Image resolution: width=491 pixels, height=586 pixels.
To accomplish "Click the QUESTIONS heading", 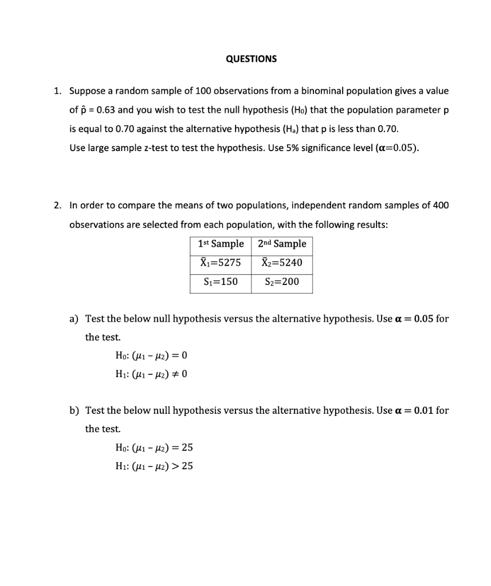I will coord(251,59).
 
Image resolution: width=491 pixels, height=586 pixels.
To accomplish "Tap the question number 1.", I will coord(57,91).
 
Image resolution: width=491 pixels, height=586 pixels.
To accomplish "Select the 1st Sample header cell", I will coord(221,244).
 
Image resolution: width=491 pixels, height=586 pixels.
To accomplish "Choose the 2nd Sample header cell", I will coord(282,244).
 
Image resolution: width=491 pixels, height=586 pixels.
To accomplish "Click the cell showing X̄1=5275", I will coord(221,263).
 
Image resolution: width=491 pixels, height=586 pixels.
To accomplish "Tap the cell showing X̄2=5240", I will coord(282,263).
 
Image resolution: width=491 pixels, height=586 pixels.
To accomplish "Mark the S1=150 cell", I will coord(221,282).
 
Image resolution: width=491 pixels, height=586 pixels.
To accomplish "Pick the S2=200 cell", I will coord(282,282).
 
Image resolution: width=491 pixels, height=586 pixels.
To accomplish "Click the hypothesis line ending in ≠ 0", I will coord(151,375).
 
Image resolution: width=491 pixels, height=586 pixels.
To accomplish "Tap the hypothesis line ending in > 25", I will coord(154,466).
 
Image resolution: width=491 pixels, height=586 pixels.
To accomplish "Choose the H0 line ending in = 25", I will coord(154,448).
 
